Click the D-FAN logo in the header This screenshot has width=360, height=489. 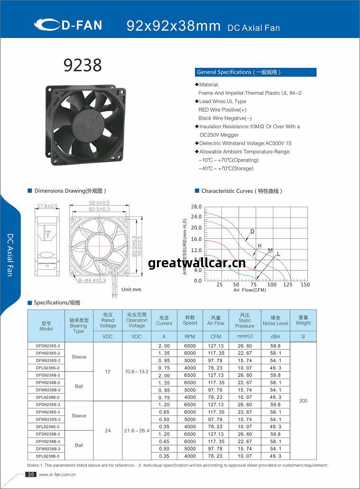click(68, 25)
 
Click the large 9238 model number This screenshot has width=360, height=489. click(83, 66)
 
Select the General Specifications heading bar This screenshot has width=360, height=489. click(256, 72)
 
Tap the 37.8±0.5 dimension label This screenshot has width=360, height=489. click(47, 206)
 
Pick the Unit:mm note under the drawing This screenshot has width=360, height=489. click(131, 289)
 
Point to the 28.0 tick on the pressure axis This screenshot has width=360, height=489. click(196, 207)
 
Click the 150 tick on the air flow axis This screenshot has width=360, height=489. click(305, 285)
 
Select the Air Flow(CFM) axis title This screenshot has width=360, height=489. click(249, 290)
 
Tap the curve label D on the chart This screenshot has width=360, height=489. click(252, 231)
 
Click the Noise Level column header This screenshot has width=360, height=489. click(276, 320)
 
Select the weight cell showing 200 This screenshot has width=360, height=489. click(303, 401)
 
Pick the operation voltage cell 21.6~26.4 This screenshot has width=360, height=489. click(137, 431)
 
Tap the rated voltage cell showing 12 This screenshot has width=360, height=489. click(108, 371)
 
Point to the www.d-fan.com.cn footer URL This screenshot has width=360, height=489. click(57, 474)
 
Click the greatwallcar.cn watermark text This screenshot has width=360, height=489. click(197, 263)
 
